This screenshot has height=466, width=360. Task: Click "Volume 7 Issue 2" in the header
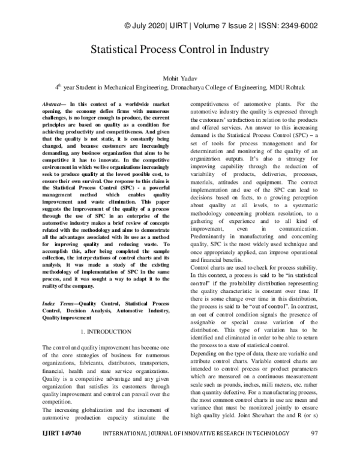point(223,26)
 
